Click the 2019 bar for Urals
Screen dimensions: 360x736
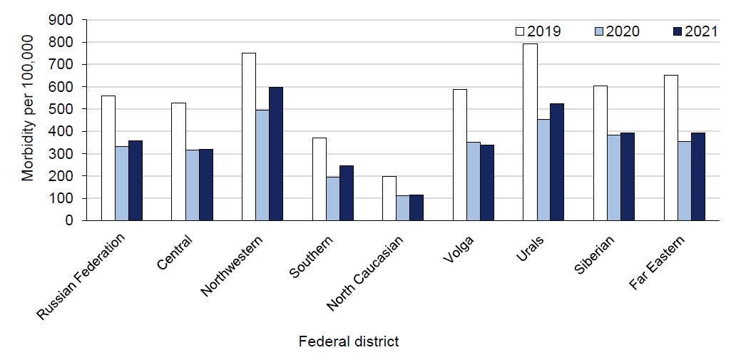[530, 132]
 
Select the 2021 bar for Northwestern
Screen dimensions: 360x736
[275, 153]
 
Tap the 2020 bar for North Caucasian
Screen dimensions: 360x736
[402, 207]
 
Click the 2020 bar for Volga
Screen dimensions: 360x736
[473, 181]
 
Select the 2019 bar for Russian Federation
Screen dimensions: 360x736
[108, 158]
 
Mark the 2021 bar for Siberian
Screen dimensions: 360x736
[628, 176]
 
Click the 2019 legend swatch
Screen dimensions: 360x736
[520, 31]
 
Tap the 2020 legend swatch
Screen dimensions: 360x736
[599, 31]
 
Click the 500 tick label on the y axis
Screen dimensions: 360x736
[63, 109]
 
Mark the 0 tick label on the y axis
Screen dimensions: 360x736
[68, 220]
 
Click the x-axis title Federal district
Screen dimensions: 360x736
[349, 341]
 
